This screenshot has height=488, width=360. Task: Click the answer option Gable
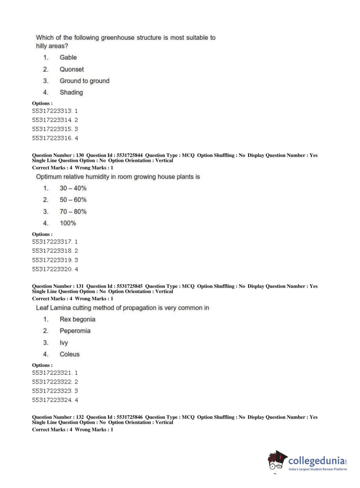pos(68,58)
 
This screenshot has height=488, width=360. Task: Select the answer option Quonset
pos(72,69)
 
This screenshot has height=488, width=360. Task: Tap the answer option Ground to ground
pos(85,81)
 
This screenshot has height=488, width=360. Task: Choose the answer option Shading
pos(71,92)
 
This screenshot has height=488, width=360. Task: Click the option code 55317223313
pos(52,111)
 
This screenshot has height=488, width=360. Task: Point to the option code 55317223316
pos(52,138)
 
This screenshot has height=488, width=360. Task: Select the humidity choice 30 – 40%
pos(73,188)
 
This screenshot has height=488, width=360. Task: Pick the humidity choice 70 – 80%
pos(73,212)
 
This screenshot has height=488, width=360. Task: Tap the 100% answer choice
pos(68,223)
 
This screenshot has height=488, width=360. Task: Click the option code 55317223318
pos(52,251)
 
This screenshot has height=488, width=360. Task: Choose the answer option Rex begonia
pos(77,319)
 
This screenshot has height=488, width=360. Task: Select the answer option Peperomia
pos(75,331)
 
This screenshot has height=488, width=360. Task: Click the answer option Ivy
pos(64,343)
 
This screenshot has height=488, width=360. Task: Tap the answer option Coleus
pos(69,354)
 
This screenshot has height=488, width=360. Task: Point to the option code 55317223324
pos(52,400)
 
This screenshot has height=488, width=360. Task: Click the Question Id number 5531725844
pos(129,155)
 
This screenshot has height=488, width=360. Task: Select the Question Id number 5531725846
pos(129,417)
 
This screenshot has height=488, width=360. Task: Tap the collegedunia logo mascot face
pos(276,461)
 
